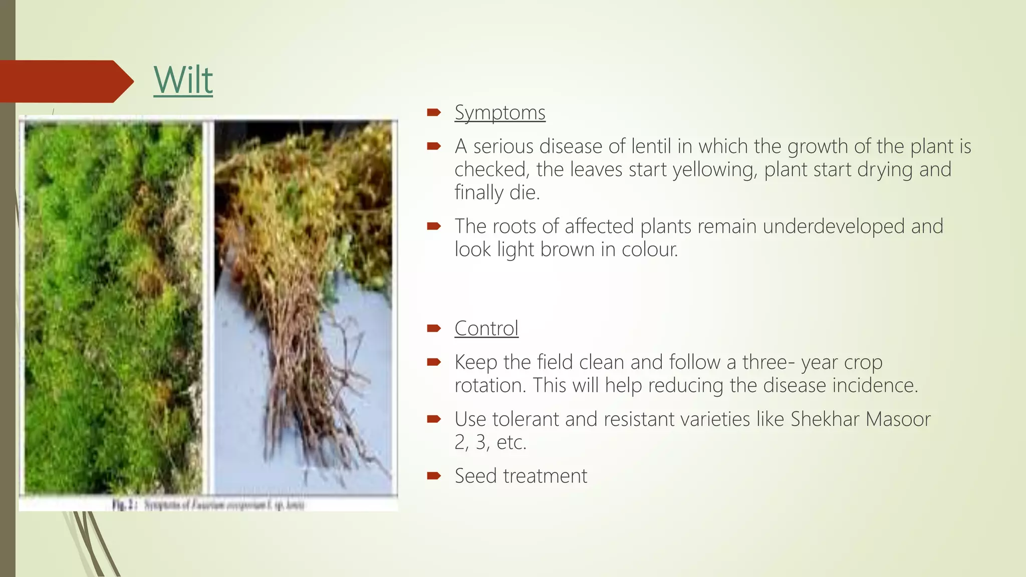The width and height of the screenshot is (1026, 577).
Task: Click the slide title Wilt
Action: click(x=183, y=80)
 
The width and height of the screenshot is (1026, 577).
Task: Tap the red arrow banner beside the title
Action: click(x=65, y=81)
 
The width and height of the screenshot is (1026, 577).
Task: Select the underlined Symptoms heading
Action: click(x=499, y=113)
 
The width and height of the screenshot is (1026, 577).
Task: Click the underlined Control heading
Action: click(x=486, y=329)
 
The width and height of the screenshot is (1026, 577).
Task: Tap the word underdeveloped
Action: click(x=834, y=226)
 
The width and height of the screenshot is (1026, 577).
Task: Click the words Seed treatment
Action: click(x=521, y=476)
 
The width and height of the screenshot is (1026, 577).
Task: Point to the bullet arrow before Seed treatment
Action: click(x=433, y=476)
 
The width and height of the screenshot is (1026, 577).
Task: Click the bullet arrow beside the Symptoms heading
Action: click(x=433, y=113)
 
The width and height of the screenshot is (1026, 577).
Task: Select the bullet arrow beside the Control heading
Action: click(x=433, y=329)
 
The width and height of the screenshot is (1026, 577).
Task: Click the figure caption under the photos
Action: click(x=208, y=504)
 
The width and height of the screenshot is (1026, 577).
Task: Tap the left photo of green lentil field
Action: click(x=113, y=306)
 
